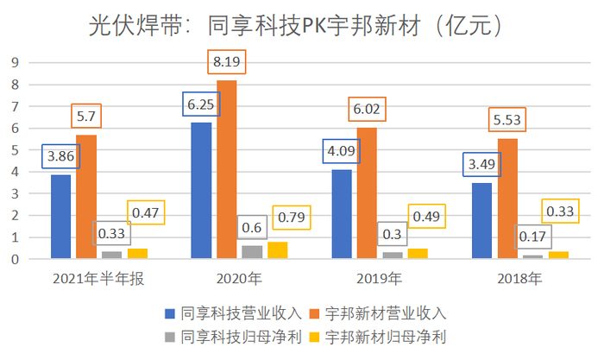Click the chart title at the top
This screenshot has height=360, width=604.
pyautogui.click(x=301, y=26)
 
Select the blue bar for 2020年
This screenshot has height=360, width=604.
pyautogui.click(x=201, y=190)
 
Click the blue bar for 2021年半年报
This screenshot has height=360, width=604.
pyautogui.click(x=60, y=216)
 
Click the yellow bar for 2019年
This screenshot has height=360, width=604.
pyautogui.click(x=418, y=253)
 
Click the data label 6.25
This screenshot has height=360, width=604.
pyautogui.click(x=200, y=104)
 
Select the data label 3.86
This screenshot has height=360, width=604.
pyautogui.click(x=60, y=156)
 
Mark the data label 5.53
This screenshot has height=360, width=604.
pyautogui.click(x=506, y=120)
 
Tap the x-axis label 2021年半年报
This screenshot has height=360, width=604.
pyautogui.click(x=87, y=279)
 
